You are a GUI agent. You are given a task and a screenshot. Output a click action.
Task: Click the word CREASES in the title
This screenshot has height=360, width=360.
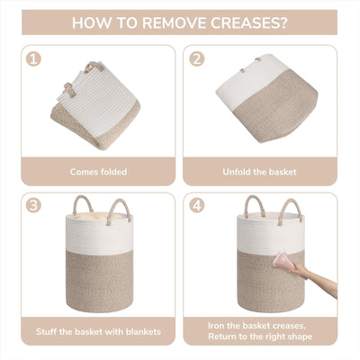point(248,22)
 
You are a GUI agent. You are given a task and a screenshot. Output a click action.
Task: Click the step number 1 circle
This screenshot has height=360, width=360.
point(33,59)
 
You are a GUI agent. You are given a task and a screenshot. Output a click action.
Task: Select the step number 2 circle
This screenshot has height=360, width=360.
point(197,59)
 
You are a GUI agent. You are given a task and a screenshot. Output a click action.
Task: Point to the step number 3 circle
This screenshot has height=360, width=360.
point(33,205)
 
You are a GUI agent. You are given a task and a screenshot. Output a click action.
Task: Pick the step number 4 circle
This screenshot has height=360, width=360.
point(197,205)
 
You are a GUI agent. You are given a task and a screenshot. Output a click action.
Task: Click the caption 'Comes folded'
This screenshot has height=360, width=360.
point(98,172)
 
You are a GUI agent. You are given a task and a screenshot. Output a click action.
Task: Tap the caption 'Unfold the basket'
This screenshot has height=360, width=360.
point(259,172)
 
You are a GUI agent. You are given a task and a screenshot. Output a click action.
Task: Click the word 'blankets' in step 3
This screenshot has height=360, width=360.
point(143,332)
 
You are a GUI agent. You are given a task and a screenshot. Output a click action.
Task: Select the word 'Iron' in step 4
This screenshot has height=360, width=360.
point(215,326)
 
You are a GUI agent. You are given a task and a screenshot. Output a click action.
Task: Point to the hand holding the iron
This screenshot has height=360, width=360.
point(300,270)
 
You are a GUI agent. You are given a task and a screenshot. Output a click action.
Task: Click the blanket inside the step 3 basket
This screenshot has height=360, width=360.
point(99,216)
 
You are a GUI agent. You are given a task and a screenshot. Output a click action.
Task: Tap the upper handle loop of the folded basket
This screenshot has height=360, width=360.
point(94,66)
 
